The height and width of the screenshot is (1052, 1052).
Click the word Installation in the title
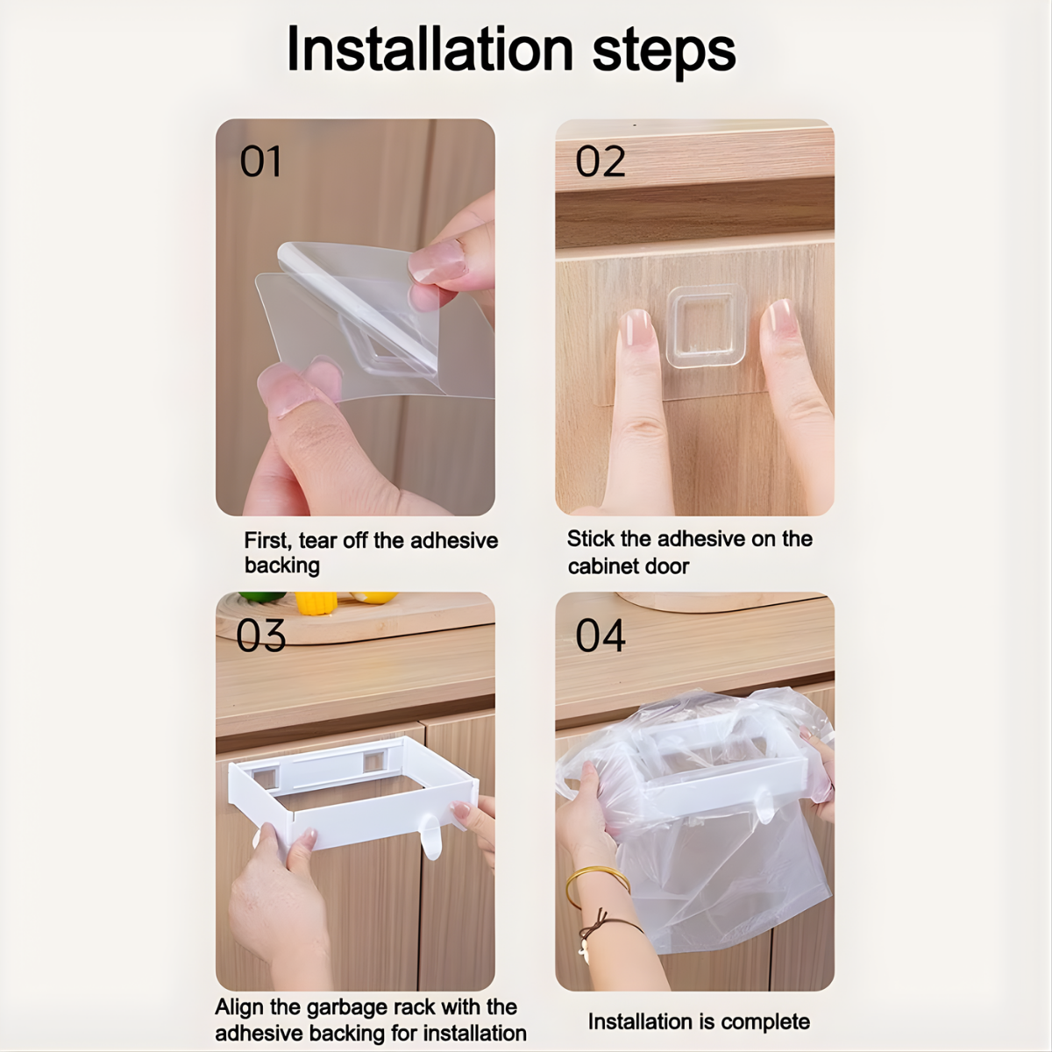430,50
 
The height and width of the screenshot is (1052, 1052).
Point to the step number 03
261,636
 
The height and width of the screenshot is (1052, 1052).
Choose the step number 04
600,636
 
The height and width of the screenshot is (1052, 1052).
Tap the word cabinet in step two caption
602,566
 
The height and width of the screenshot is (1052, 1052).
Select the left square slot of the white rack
266,778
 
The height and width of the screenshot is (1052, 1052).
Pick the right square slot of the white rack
374,760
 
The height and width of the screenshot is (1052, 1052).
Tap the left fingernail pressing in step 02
636,328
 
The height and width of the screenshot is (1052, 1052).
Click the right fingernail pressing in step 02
781,318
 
